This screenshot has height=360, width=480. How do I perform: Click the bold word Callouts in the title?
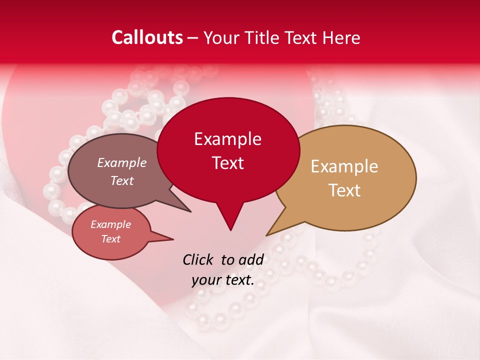tap(147, 37)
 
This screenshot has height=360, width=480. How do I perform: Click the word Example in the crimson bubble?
tap(227, 139)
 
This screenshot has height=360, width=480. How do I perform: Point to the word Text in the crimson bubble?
tap(227, 163)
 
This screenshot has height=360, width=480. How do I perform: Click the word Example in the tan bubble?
tap(344, 166)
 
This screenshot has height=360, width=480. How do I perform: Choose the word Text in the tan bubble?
tap(344, 190)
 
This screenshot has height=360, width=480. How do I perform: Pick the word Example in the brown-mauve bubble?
tap(122, 162)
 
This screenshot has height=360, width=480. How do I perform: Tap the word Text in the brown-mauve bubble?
tap(122, 180)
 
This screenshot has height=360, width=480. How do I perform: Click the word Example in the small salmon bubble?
tap(111, 224)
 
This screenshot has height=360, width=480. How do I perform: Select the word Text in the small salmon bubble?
tap(111, 239)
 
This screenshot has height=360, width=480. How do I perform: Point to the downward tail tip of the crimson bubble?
tap(230, 230)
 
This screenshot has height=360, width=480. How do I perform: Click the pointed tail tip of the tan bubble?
tap(267, 235)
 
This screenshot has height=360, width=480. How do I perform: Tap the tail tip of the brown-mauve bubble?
tap(190, 211)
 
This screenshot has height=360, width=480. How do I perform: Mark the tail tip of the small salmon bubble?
tap(173, 239)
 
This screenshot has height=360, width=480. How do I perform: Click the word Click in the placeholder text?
tap(198, 259)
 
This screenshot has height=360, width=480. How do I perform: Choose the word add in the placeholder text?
tap(251, 259)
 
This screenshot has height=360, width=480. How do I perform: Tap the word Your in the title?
tap(220, 37)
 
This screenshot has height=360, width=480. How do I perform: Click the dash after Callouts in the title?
tap(192, 37)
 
